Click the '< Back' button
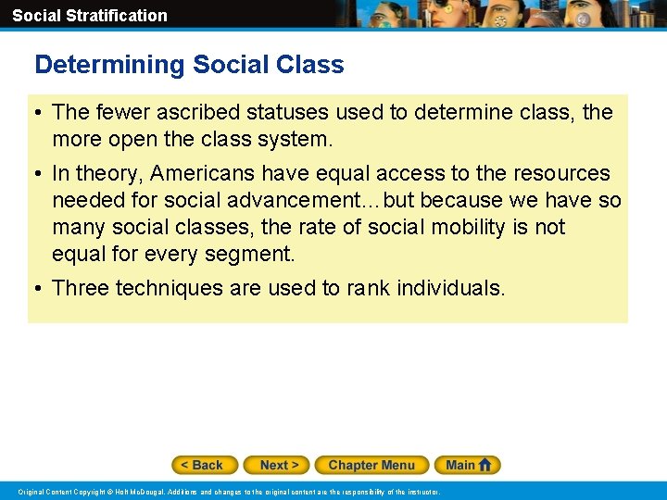(205, 465)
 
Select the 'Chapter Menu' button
(371, 465)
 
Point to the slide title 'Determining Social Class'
(189, 65)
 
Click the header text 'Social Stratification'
(90, 16)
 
